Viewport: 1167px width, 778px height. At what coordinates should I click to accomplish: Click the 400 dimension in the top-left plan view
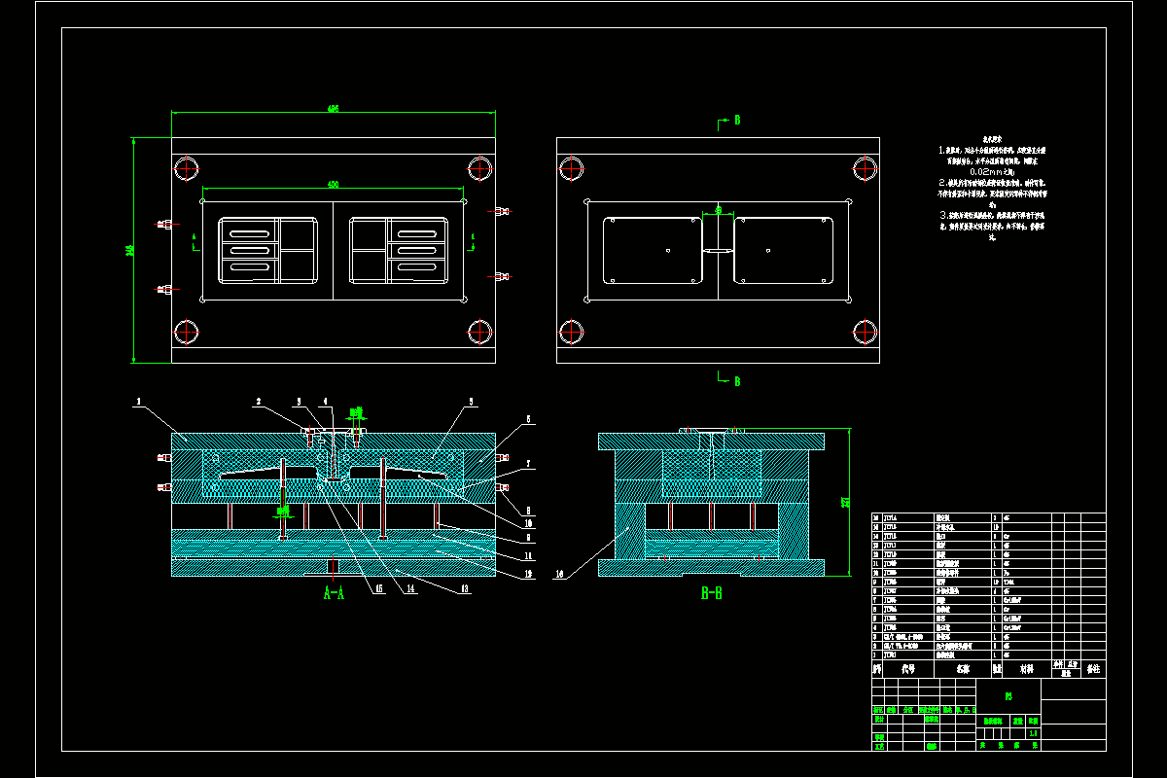[x=333, y=184]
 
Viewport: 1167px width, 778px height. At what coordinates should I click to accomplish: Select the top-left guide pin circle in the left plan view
[x=186, y=168]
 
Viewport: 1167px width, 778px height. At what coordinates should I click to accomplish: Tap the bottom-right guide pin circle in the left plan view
[x=477, y=332]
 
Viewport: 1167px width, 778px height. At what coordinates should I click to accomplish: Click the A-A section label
[x=334, y=592]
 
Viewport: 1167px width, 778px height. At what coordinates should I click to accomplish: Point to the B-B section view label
[x=711, y=592]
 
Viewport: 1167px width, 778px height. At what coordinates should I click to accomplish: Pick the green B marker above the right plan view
[x=736, y=120]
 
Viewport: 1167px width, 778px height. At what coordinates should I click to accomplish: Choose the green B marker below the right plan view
[x=736, y=381]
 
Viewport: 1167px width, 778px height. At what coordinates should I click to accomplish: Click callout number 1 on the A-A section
[x=139, y=401]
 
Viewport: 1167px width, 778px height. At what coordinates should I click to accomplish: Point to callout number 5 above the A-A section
[x=471, y=401]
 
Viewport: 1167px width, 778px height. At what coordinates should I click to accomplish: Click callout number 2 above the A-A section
[x=259, y=401]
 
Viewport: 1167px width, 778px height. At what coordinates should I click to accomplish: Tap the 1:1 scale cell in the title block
[x=1033, y=733]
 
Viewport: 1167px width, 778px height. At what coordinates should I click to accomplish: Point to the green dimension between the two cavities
[x=718, y=208]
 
